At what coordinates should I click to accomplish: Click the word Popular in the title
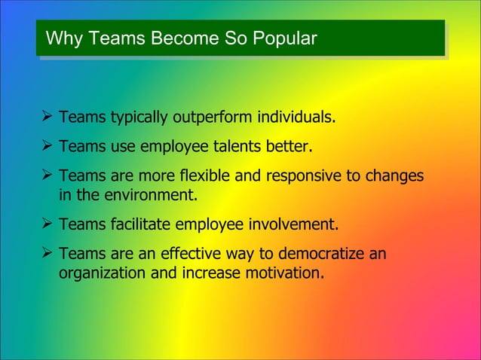(x=286, y=37)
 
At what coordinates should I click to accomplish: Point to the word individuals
(x=297, y=118)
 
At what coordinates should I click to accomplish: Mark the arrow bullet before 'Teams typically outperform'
(x=47, y=118)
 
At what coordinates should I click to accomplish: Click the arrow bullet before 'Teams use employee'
(x=47, y=145)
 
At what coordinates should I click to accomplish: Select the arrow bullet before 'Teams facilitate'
(x=47, y=224)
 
